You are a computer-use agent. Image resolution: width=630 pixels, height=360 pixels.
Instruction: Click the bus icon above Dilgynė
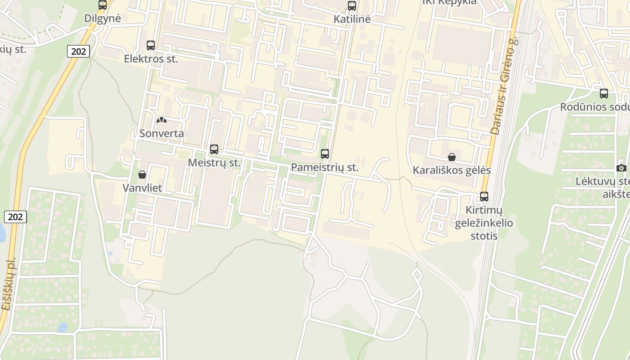(103, 5)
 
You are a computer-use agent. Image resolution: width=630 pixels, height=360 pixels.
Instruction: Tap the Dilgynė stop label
(103, 18)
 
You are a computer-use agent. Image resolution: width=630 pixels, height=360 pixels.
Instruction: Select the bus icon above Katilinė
(352, 6)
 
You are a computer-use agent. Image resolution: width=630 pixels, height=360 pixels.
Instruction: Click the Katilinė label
(352, 19)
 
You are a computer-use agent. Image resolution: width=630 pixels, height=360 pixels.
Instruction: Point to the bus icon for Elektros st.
(151, 45)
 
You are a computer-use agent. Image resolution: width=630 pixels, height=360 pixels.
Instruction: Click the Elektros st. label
(151, 59)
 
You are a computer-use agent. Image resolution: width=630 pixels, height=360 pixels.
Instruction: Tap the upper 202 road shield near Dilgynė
(78, 51)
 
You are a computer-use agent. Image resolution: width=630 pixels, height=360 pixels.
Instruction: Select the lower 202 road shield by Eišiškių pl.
(15, 217)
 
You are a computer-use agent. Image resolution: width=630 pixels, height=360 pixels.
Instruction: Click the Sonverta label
(162, 134)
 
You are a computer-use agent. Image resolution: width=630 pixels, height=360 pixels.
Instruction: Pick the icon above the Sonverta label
(161, 120)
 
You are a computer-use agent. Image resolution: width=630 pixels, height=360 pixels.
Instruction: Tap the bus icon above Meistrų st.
(214, 149)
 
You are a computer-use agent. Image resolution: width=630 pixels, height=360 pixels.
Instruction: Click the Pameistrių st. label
(325, 167)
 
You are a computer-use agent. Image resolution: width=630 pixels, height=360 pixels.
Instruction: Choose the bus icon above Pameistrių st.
(325, 154)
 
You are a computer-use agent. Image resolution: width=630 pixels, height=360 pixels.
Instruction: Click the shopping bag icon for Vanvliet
(142, 175)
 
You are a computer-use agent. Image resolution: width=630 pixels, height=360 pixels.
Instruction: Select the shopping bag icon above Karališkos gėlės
(452, 157)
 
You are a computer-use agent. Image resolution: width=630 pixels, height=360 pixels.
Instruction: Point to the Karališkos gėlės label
(452, 171)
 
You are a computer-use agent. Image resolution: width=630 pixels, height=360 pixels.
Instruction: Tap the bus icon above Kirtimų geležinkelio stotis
(484, 197)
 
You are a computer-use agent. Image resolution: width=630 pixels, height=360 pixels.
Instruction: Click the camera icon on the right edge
(621, 168)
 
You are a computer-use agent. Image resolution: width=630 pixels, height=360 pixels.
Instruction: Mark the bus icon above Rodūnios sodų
(604, 94)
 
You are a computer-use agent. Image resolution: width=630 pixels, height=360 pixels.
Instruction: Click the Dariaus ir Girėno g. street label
(504, 85)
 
